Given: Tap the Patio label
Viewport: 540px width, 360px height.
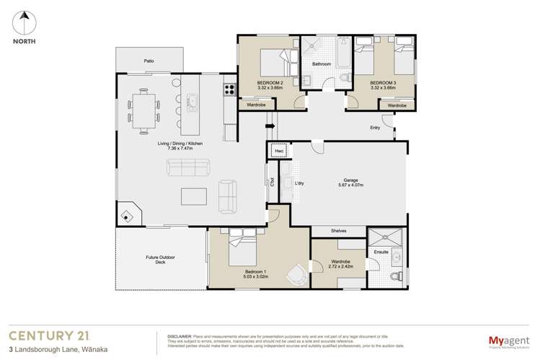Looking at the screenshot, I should click(149, 61).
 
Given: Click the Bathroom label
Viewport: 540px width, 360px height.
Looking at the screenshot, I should click(321, 64).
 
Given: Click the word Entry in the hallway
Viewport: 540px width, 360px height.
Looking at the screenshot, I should click(375, 128).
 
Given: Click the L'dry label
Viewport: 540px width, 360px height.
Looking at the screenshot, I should click(299, 183).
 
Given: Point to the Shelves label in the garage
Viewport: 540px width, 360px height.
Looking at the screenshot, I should click(338, 231).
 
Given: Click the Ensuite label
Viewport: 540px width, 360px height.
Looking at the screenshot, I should click(381, 252).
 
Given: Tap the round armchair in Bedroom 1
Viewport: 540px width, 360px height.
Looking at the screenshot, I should click(296, 274).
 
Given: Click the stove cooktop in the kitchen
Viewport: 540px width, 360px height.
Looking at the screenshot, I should click(230, 90).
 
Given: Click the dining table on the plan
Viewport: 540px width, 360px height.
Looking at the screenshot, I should click(144, 111).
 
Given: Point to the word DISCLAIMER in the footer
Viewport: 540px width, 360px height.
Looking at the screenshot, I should click(180, 336).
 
